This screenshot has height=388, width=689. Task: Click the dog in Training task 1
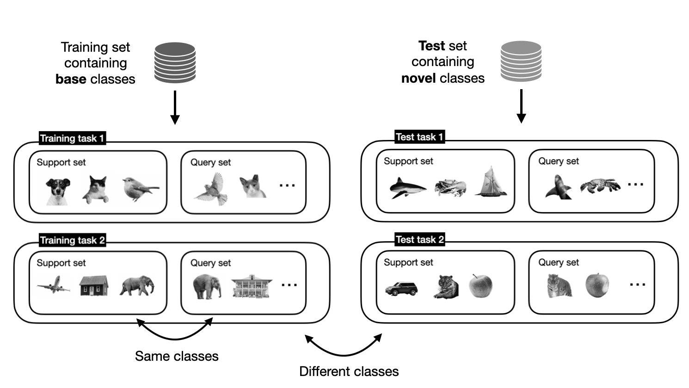[58, 191]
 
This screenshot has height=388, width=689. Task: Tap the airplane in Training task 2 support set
[54, 285]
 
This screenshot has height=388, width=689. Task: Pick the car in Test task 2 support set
[401, 289]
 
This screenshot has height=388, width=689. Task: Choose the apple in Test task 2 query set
[597, 285]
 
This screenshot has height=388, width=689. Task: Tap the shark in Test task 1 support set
[407, 188]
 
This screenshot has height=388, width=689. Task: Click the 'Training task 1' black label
[72, 138]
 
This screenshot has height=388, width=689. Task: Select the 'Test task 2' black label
[419, 239]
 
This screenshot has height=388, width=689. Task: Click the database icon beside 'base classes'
[175, 63]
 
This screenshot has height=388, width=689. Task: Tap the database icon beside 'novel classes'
[521, 61]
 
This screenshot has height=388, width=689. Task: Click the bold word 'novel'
[418, 78]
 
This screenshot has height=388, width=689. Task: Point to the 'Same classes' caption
[177, 356]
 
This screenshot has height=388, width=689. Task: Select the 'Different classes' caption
[349, 371]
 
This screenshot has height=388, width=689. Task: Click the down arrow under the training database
[175, 107]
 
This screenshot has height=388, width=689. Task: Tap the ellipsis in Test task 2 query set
[637, 284]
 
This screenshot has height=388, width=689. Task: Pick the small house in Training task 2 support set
[94, 286]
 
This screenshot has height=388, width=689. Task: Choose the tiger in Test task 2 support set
[447, 286]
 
